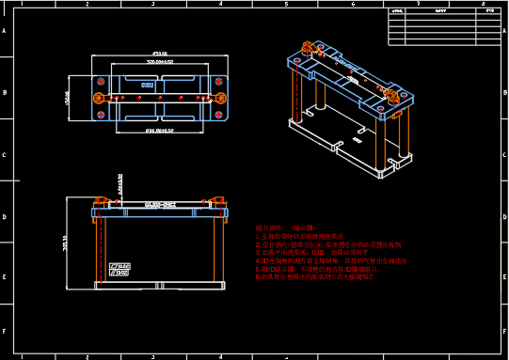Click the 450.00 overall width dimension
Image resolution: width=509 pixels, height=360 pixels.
pos(159,54)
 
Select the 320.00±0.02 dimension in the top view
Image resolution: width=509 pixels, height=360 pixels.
pos(159,62)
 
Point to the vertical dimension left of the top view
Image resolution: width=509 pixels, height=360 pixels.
pos(68,97)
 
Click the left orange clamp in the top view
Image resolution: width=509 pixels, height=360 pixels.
pos(99,97)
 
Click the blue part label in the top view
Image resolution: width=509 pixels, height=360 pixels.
pos(148,86)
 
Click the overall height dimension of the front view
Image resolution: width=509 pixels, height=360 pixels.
pos(65,243)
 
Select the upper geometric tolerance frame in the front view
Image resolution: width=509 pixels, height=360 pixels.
pos(120,266)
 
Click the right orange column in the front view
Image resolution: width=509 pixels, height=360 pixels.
pos(217,250)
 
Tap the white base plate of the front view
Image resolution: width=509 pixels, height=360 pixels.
pos(159,285)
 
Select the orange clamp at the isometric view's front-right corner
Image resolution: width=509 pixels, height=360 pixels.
pos(391,95)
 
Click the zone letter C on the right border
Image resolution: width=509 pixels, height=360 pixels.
pos(503,156)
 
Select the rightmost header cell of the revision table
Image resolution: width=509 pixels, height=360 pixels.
pos(489,10)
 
